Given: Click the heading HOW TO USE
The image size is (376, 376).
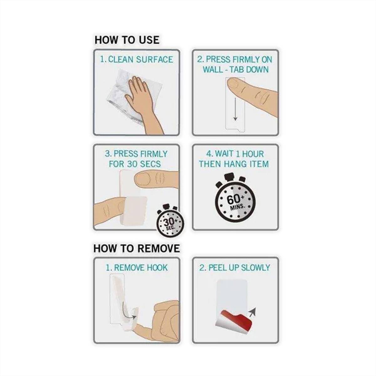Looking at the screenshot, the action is (x=127, y=40).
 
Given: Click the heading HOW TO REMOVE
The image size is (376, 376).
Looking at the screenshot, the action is (x=137, y=248).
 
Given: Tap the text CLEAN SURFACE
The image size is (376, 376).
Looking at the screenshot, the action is (x=140, y=60).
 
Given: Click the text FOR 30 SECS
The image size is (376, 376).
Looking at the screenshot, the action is (x=135, y=164).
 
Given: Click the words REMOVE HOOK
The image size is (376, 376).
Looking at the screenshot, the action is (x=141, y=268).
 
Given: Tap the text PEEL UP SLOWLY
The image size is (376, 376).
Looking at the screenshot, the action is (x=239, y=268).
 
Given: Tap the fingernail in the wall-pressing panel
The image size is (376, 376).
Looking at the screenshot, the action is (x=236, y=83).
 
